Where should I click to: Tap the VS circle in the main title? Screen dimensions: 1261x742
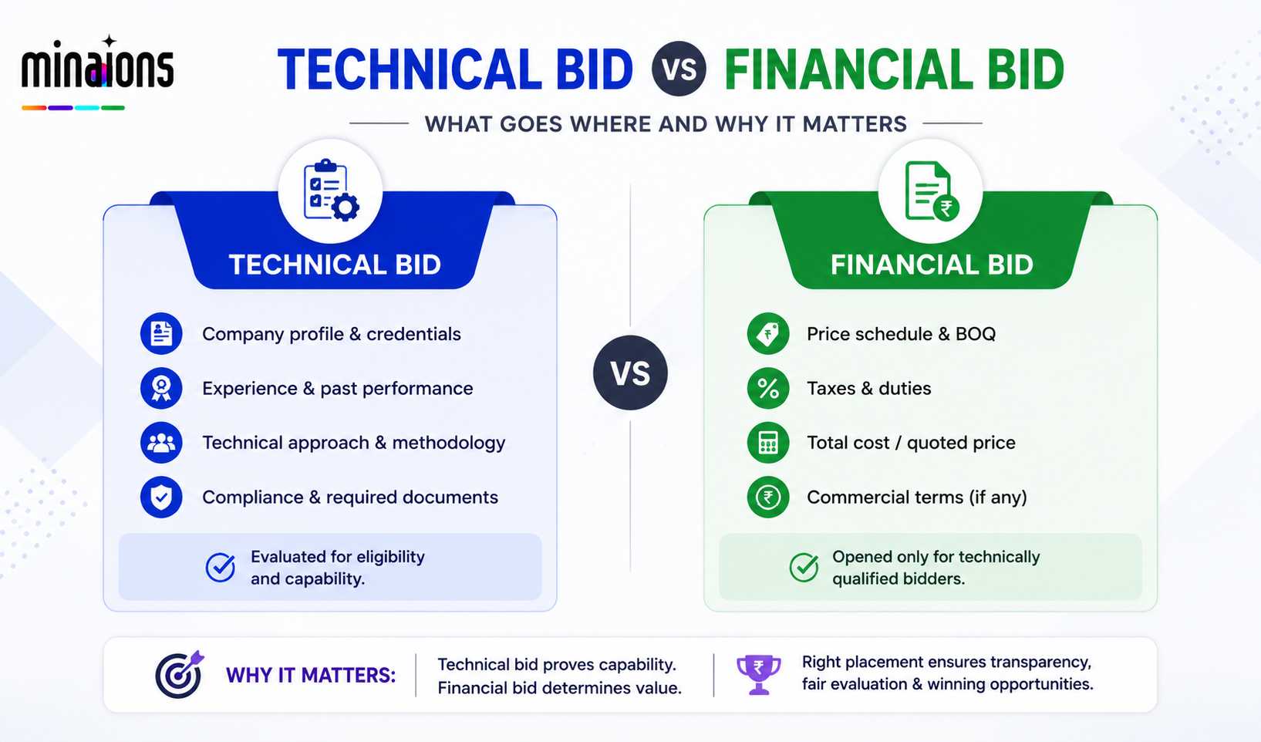pos(679,69)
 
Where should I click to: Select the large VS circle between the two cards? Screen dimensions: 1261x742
pos(630,373)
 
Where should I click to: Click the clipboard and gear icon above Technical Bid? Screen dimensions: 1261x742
pos(331,191)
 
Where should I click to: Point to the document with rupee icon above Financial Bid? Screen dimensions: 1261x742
pos(932,191)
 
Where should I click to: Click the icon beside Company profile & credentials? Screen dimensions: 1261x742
pos(161,333)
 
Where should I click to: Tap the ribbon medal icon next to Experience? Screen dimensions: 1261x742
pos(161,388)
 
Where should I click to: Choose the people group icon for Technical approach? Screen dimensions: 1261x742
pos(161,443)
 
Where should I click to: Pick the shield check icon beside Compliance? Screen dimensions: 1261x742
pos(161,497)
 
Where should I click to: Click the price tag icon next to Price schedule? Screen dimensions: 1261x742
pos(768,333)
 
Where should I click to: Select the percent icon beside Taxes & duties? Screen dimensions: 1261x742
pos(768,388)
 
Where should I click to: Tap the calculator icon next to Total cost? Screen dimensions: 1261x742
pos(768,443)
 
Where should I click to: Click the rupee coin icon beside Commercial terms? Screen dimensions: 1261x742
pos(768,497)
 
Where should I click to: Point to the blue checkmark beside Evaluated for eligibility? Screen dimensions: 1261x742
pos(220,567)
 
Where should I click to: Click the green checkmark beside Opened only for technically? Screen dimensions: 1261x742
pos(804,567)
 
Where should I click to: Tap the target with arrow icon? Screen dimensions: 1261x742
pos(180,674)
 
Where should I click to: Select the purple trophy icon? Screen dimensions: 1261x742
pos(758,674)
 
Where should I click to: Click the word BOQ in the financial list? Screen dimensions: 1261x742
pos(976,334)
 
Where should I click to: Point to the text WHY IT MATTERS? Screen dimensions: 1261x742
pos(311,675)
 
